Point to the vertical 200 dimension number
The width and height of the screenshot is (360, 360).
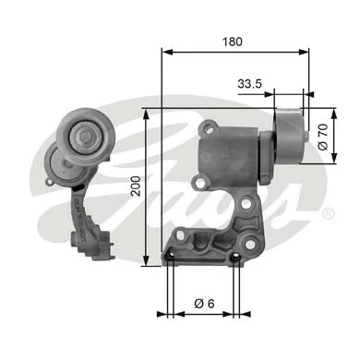136,189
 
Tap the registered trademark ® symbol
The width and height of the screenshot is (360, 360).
328,213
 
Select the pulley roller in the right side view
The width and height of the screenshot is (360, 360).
289,135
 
